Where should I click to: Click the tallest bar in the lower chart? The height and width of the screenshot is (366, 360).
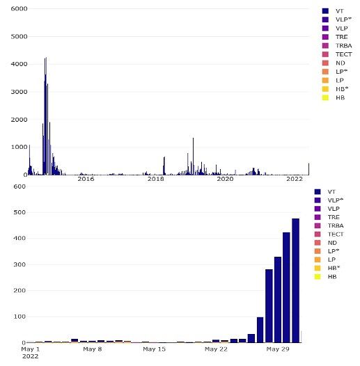tap(295, 280)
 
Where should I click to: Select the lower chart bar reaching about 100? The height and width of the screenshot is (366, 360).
tap(260, 330)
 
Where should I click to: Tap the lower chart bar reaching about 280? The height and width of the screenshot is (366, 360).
tap(269, 305)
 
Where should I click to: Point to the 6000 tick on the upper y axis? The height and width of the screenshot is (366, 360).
tap(19, 9)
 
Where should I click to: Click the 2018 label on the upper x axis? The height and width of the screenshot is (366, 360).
tap(155, 179)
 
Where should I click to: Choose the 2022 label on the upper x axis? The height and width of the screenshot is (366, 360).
tap(295, 179)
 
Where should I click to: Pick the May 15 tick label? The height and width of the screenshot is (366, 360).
tap(154, 349)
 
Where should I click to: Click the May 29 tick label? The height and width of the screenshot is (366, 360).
tap(278, 349)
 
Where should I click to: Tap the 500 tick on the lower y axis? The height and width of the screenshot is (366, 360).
tap(19, 212)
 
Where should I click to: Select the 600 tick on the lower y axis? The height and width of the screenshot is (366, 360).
tap(19, 186)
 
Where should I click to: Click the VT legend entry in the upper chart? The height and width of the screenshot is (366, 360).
tap(333, 11)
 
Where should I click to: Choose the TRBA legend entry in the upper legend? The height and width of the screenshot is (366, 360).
tap(337, 45)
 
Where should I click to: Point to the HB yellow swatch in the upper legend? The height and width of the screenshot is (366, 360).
tap(325, 97)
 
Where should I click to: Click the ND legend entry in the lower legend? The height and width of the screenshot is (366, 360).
tap(326, 243)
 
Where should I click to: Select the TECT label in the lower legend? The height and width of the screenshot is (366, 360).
tap(336, 234)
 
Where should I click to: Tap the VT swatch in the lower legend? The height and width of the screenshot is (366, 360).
tap(318, 191)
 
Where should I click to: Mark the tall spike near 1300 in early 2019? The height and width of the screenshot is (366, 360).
tap(193, 157)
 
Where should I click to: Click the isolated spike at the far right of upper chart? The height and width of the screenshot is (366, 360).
tap(308, 169)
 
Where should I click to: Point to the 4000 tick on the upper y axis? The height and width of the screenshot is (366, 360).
tap(19, 64)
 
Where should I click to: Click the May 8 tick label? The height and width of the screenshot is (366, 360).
tap(93, 349)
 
